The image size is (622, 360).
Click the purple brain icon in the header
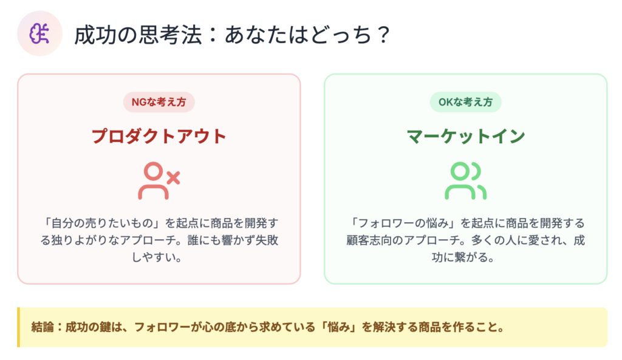click(39, 33)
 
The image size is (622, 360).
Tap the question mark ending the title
click(383, 35)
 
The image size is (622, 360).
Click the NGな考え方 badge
click(159, 102)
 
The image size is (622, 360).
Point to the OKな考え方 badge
click(465, 102)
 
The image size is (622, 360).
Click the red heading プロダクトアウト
click(159, 136)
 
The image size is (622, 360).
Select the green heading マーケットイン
click(466, 136)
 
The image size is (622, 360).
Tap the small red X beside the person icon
click(173, 178)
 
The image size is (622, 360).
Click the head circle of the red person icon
click(153, 172)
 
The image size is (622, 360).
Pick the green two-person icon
click(465, 180)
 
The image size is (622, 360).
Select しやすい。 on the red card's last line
click(157, 257)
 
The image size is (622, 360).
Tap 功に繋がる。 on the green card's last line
click(463, 257)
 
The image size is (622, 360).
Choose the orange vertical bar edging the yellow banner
click(18, 327)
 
